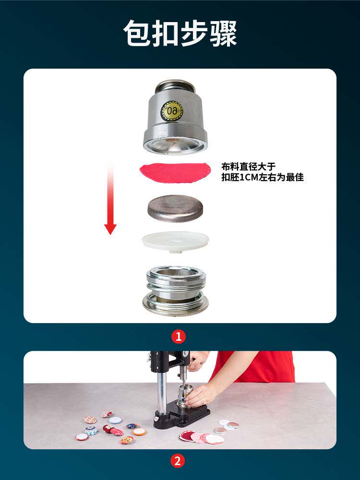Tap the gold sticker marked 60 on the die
[171, 110]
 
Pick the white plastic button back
[176, 240]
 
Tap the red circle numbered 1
[178, 336]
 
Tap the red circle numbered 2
[178, 462]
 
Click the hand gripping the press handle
[197, 360]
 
